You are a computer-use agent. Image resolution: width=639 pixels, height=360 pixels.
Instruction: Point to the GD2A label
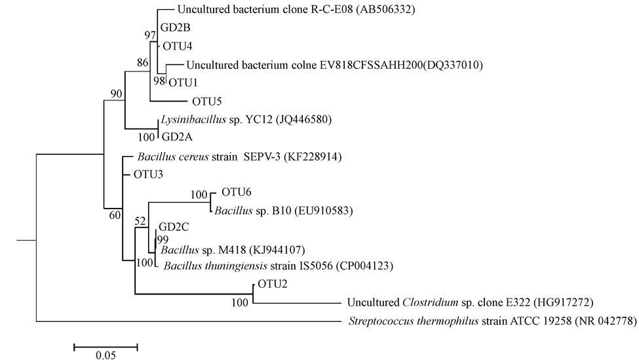point(176,138)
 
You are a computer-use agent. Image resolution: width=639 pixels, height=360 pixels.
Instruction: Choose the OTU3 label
point(148,174)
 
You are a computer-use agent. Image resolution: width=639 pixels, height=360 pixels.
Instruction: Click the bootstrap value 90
point(117,94)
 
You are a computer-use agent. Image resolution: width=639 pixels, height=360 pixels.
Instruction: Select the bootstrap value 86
point(143,64)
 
